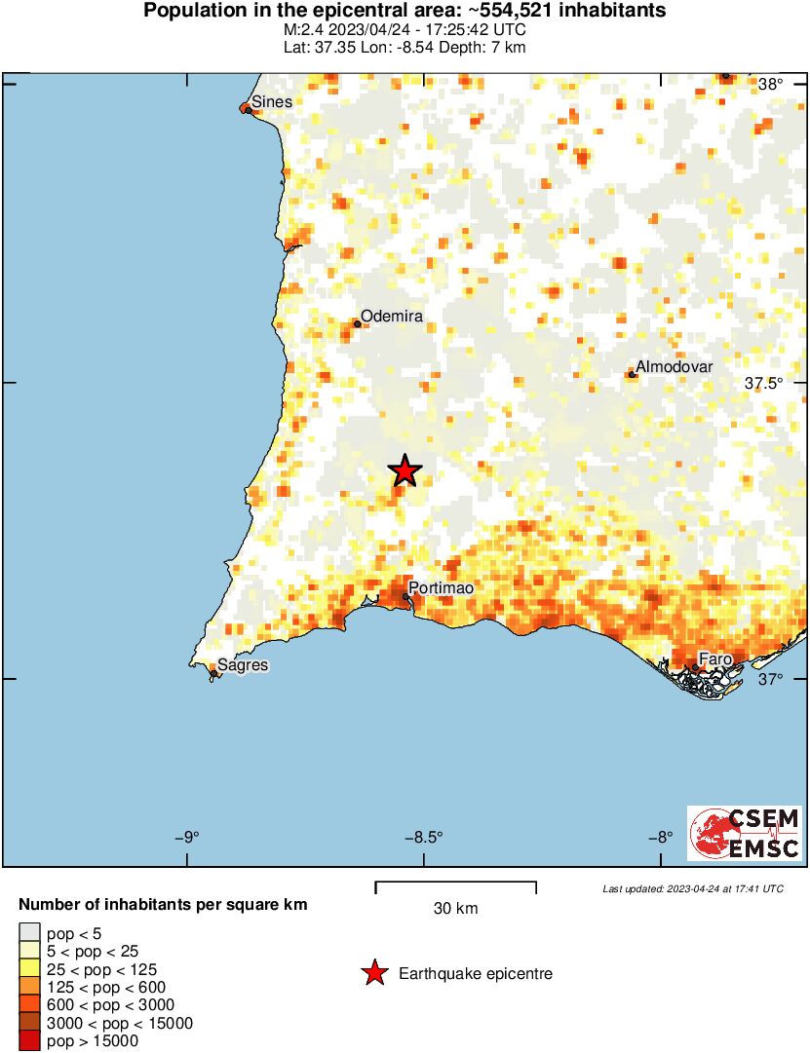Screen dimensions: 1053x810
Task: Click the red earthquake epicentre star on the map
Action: pos(405,471)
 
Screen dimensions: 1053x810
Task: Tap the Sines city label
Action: pos(271,101)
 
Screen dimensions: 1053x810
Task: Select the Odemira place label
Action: pos(392,317)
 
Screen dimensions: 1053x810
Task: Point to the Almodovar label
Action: pos(675,367)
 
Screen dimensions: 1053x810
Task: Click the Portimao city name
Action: pos(441,588)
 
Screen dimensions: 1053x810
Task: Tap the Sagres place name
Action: pos(243,665)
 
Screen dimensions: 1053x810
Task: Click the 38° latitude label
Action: pos(770,85)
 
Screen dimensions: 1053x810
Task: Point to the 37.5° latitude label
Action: pos(763,384)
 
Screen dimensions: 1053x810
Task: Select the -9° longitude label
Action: pos(187,837)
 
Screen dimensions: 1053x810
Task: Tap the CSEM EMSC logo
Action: pos(745,833)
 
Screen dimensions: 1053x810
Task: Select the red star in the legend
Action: pos(373,973)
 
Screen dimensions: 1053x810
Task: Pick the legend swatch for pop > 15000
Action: pos(30,1041)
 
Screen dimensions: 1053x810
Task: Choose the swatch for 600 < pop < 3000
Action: pos(30,1005)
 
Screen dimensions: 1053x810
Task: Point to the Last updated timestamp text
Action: pos(692,888)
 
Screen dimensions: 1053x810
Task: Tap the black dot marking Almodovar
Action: pos(632,374)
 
